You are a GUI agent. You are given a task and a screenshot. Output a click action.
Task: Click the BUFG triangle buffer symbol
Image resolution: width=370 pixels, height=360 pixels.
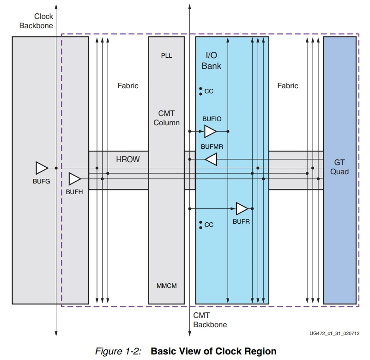[x=41, y=168]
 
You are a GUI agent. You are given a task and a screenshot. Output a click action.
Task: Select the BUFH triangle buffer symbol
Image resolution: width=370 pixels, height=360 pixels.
[x=74, y=178]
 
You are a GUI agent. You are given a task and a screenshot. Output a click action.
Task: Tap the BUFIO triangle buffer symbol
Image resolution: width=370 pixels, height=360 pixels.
[x=210, y=132]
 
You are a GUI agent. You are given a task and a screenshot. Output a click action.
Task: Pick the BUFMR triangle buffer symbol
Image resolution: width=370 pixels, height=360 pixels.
[x=211, y=159]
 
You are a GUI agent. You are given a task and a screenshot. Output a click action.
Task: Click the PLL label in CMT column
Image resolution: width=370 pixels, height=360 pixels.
[x=166, y=55]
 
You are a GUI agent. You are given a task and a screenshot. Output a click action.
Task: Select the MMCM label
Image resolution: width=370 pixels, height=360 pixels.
[x=166, y=286]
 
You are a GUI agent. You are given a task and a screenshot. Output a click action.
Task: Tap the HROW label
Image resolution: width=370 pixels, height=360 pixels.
[x=127, y=159]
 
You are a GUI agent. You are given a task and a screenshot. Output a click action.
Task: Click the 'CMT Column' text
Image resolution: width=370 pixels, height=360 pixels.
[x=166, y=118]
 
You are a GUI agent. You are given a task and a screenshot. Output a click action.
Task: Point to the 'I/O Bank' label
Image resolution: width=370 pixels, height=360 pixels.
[x=211, y=61]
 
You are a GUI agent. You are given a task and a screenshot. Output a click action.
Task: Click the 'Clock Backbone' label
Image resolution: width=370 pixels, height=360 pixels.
[x=36, y=21]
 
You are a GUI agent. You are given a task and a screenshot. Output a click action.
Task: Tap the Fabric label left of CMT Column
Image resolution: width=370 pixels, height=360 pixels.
[x=127, y=85]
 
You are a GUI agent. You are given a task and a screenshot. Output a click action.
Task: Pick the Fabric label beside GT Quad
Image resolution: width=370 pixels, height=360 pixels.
[x=287, y=85]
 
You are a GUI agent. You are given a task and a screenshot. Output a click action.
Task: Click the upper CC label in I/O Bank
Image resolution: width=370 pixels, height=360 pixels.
[x=208, y=92]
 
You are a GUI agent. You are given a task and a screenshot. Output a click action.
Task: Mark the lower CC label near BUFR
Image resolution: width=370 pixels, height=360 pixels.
[x=208, y=225]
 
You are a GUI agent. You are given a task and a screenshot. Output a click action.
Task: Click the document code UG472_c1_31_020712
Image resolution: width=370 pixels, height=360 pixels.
[x=335, y=333]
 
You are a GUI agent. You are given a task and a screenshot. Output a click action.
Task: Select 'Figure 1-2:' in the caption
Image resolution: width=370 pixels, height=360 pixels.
[x=118, y=351]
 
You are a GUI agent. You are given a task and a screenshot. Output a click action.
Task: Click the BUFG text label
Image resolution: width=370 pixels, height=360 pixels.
[x=41, y=182]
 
